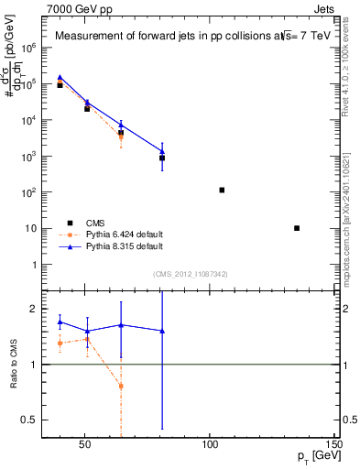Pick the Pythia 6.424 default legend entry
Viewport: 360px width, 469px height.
coord(124,234)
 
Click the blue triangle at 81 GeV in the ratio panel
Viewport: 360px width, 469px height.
coord(162,331)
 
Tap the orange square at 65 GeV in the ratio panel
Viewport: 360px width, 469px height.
coord(121,386)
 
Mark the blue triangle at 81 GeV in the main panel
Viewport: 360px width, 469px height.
coord(162,151)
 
